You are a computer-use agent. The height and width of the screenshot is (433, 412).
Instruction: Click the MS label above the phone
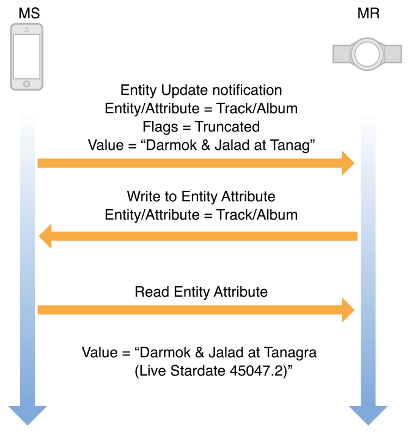pos(29,13)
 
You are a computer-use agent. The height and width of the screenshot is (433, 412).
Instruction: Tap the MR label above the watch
pos(369,13)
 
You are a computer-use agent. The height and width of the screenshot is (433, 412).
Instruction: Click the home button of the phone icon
pos(27,84)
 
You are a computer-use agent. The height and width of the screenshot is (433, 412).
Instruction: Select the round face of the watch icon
pos(367,54)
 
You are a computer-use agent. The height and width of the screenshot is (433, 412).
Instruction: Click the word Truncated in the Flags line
pos(227,127)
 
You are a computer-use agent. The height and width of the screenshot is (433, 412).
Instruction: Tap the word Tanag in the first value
pos(290,146)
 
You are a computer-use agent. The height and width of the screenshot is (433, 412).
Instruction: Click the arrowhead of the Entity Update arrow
pos(348,163)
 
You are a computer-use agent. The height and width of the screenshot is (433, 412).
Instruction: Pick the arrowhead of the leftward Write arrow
pos(45,236)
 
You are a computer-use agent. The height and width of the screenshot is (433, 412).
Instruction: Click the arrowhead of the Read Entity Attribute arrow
pos(348,310)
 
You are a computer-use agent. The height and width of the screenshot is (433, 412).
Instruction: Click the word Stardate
pos(198,371)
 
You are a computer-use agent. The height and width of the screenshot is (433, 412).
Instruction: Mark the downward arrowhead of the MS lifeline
pos(28,415)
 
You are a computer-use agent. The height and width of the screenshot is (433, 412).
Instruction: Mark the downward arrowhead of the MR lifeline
pos(369,415)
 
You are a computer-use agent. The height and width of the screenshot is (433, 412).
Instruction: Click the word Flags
pos(160,127)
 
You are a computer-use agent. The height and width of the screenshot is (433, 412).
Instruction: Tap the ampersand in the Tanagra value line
pos(199,352)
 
